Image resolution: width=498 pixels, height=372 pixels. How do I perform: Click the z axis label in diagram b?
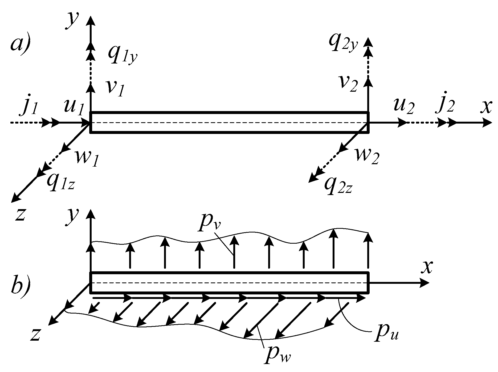35,334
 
